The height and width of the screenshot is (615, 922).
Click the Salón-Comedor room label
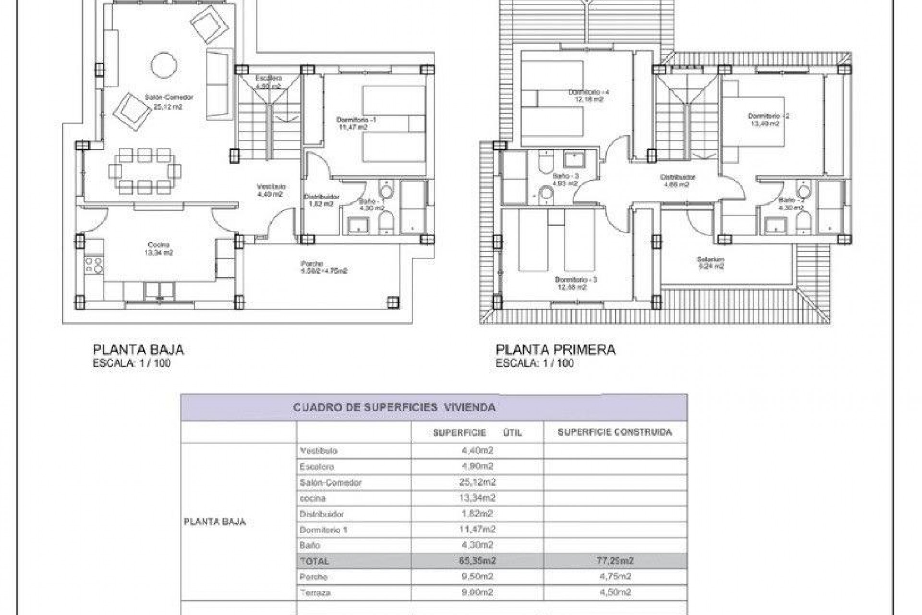[169, 98]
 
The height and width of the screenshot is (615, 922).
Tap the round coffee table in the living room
[164, 65]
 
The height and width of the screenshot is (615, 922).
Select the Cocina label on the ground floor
[158, 245]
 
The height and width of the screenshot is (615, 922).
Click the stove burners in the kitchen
[94, 265]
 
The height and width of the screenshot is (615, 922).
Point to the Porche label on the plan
[312, 264]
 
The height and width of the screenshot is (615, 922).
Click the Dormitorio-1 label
[356, 120]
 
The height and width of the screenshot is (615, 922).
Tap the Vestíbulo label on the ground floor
[271, 186]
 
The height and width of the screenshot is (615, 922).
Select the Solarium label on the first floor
[710, 259]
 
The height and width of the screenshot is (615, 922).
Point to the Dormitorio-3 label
[575, 280]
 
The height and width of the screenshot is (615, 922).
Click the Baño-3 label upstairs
[565, 176]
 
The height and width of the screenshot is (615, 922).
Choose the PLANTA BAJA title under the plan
[138, 350]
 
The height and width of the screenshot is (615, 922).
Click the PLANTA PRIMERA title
[555, 350]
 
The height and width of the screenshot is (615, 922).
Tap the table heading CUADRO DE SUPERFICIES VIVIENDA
[394, 407]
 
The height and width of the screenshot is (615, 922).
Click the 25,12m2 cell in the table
[477, 482]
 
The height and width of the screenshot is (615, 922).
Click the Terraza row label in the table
[315, 592]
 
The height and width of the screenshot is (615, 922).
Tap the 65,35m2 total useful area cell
[477, 561]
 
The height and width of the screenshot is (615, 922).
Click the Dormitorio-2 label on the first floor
[768, 116]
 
